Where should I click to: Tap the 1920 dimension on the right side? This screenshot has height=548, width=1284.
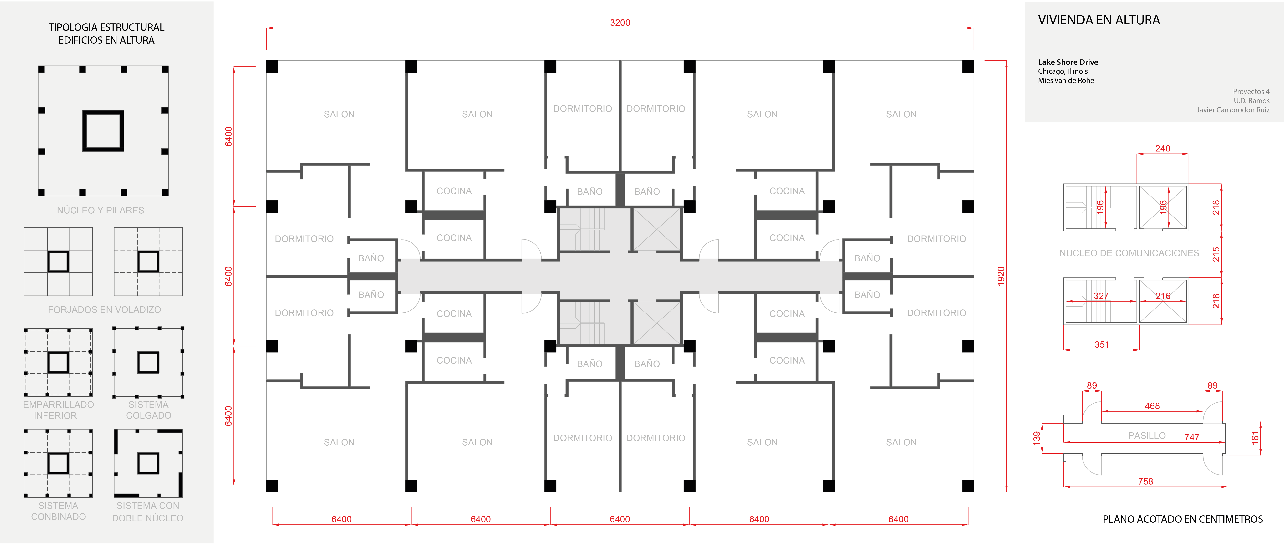(x=1001, y=276)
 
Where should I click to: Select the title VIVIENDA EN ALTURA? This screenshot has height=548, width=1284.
(x=1099, y=20)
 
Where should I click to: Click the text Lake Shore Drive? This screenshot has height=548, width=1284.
(x=1068, y=62)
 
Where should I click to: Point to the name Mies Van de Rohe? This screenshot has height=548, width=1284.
(x=1066, y=80)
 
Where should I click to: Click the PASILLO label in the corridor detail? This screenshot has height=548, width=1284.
(x=1146, y=435)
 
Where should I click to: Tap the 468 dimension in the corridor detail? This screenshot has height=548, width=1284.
(x=1152, y=406)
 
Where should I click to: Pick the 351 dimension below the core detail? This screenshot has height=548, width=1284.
(x=1102, y=345)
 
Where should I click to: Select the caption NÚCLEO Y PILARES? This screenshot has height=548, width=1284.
(x=100, y=210)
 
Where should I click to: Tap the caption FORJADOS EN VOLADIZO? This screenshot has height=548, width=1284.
(x=104, y=310)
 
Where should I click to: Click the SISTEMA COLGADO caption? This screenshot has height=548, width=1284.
(x=149, y=410)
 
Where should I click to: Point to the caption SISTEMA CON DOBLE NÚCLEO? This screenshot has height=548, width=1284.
(x=147, y=512)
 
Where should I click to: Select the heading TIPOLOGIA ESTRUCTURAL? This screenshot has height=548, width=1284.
(x=106, y=27)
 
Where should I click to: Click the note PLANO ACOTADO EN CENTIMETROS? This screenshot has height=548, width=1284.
(x=1182, y=519)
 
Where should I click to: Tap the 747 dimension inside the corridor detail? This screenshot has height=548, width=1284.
(x=1192, y=437)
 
